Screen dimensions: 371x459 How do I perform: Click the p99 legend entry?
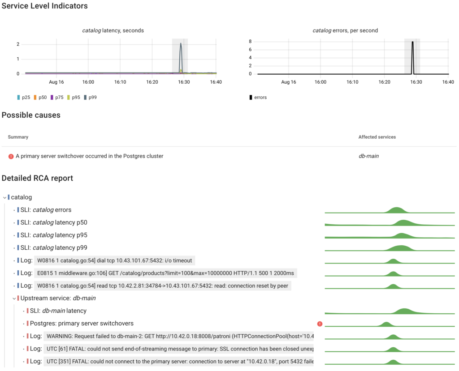pyautogui.click(x=91, y=97)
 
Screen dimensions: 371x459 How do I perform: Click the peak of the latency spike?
pyautogui.click(x=181, y=43)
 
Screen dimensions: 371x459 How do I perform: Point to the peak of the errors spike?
pyautogui.click(x=412, y=42)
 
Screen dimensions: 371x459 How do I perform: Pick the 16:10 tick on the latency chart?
pyautogui.click(x=120, y=82)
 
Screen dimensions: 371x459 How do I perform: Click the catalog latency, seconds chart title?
pyautogui.click(x=113, y=30)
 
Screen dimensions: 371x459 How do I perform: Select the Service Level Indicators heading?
pyautogui.click(x=45, y=6)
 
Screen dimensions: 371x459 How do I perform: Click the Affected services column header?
pyautogui.click(x=377, y=137)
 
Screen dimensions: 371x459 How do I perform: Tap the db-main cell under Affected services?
pyautogui.click(x=368, y=156)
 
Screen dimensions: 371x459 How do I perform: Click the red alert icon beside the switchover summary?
pyautogui.click(x=11, y=156)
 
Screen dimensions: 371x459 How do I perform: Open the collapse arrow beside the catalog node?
pyautogui.click(x=4, y=197)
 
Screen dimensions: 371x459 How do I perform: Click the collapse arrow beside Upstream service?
pyautogui.click(x=14, y=299)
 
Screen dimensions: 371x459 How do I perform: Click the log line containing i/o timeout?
pyautogui.click(x=114, y=260)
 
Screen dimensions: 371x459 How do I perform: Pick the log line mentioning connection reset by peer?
pyautogui.click(x=163, y=286)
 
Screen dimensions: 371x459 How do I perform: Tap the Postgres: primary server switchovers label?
pyautogui.click(x=82, y=323)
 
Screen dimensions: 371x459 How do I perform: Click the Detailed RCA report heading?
pyautogui.click(x=37, y=178)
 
